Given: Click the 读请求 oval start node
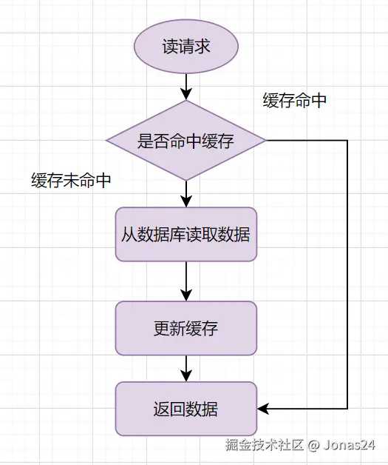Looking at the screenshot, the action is tap(186, 47).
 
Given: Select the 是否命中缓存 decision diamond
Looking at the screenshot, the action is tap(186, 140).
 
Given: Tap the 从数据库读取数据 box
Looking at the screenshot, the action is tap(186, 234).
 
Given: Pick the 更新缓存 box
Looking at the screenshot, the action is tap(186, 328).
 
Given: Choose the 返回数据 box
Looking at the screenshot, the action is tap(186, 409).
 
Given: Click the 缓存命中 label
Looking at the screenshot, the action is tap(294, 101).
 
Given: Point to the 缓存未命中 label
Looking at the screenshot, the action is tap(71, 181).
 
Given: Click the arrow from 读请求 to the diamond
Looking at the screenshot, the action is tap(186, 87).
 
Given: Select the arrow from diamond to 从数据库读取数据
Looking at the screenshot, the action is tap(186, 194).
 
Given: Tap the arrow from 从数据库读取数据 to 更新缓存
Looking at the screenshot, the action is tap(186, 281).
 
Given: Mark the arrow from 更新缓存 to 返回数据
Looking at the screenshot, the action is tap(186, 369).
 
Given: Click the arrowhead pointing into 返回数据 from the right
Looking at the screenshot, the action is tap(263, 409).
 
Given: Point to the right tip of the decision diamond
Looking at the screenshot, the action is tap(266, 140).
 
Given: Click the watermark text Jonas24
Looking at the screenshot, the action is tap(350, 445).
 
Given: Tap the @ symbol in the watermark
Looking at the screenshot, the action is tap(313, 446).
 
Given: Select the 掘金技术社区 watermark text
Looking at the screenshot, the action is tap(265, 445).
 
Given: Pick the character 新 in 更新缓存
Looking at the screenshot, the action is tap(178, 328).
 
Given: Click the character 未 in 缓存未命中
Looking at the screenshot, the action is tap(71, 181).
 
